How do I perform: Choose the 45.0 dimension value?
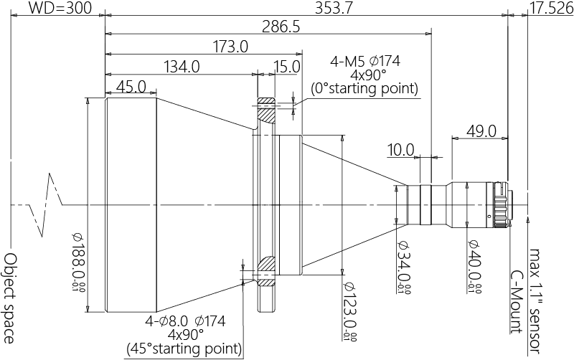[x=131, y=87]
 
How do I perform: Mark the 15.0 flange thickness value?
[x=286, y=67]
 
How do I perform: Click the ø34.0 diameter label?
[x=403, y=269]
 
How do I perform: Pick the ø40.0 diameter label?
[x=474, y=269]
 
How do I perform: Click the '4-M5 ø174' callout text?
[x=364, y=61]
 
